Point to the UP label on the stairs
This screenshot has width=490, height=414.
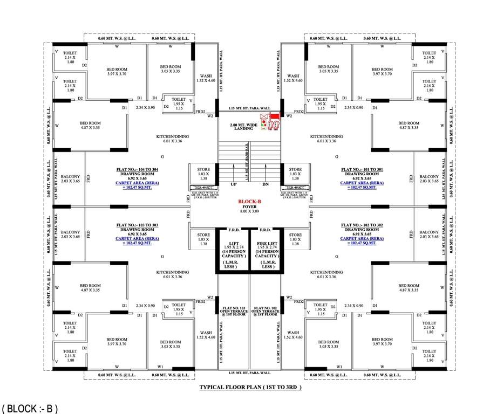pyautogui.click(x=234, y=184)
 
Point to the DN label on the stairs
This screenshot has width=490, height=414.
pyautogui.click(x=265, y=184)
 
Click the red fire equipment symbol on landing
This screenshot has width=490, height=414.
pyautogui.click(x=269, y=121)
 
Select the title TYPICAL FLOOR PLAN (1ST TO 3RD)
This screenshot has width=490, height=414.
pyautogui.click(x=250, y=388)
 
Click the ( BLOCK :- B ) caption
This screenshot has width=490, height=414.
pyautogui.click(x=29, y=408)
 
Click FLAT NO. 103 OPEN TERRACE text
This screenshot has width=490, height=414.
pyautogui.click(x=233, y=312)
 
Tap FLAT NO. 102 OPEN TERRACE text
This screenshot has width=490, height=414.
pyautogui.click(x=265, y=312)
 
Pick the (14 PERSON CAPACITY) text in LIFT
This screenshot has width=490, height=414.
pyautogui.click(x=233, y=253)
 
